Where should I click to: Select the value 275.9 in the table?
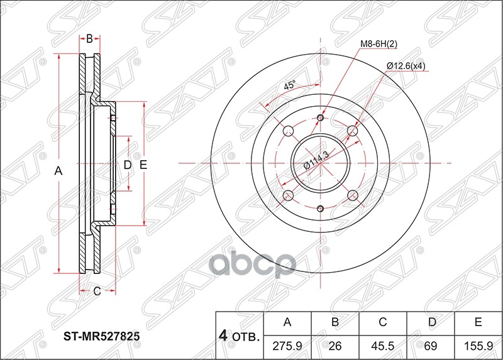[287, 345]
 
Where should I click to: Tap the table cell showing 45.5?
[383, 345]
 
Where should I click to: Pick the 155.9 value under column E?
[478, 345]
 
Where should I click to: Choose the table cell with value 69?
[431, 345]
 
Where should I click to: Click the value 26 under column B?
[335, 345]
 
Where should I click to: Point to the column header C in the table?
[383, 323]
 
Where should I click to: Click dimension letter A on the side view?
[59, 170]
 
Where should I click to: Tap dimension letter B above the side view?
[89, 39]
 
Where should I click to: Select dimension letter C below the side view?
[97, 290]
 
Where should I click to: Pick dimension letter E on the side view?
[143, 165]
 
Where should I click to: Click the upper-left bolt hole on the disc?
[289, 131]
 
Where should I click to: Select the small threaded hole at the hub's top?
[321, 118]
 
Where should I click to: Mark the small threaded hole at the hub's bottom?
[321, 209]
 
